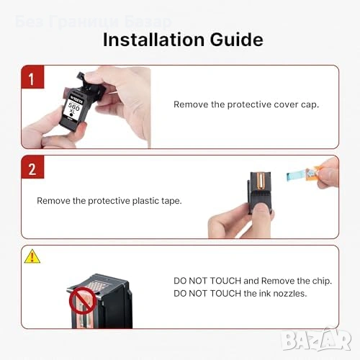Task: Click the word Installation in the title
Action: pyautogui.click(x=153, y=40)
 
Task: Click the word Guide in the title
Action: pyautogui.click(x=237, y=40)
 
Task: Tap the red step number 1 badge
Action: pyautogui.click(x=32, y=77)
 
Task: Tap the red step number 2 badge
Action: pyautogui.click(x=32, y=167)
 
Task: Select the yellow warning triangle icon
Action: pyautogui.click(x=32, y=256)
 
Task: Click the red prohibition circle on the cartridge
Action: pyautogui.click(x=83, y=300)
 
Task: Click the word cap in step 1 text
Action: pyautogui.click(x=310, y=105)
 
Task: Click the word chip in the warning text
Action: pyautogui.click(x=322, y=281)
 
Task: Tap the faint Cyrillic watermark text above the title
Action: pyautogui.click(x=94, y=22)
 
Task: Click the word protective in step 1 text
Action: pyautogui.click(x=249, y=105)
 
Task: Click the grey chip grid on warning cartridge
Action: pyautogui.click(x=96, y=285)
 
